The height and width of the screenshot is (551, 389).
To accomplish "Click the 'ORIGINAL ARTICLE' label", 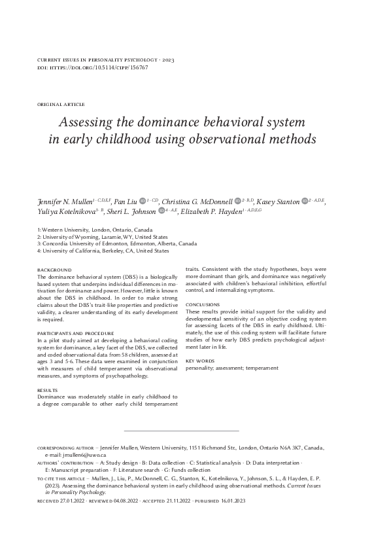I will click(x=61, y=105).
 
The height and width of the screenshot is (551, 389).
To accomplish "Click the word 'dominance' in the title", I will click(x=150, y=122).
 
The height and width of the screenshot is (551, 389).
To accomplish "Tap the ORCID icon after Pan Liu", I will click(x=143, y=200).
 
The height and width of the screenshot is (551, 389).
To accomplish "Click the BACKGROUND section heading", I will click(x=54, y=270).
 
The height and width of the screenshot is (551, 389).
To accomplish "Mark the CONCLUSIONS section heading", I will click(x=202, y=304).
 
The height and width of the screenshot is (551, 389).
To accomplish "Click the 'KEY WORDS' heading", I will click(x=199, y=361).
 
